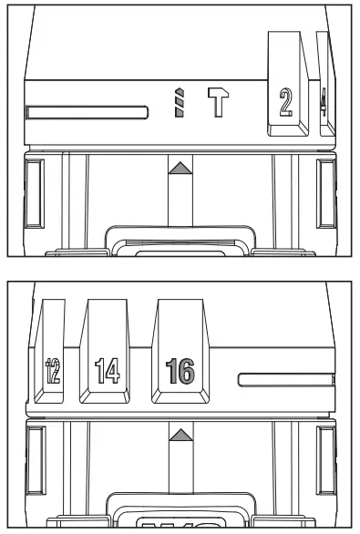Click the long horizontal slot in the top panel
click(87, 113)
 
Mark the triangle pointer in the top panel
click(180, 167)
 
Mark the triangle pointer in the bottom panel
click(180, 433)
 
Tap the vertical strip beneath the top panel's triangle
click(180, 200)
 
